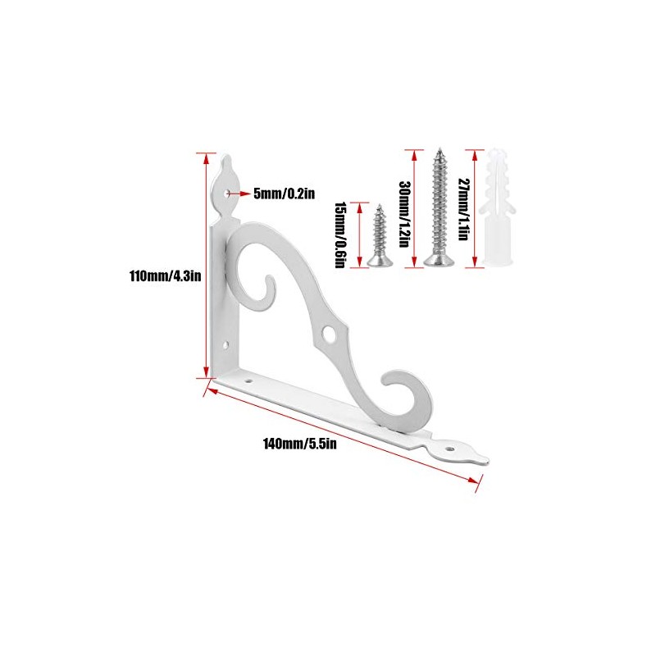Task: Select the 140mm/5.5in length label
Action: pos(300,444)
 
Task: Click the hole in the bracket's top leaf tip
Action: pos(225,193)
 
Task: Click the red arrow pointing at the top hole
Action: pos(240,194)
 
